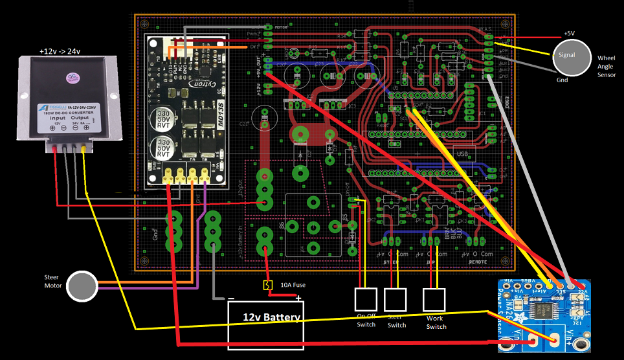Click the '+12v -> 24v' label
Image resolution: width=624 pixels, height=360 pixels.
(x=64, y=51)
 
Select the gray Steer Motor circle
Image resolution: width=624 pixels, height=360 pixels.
(x=83, y=286)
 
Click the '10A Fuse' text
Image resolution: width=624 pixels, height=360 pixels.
(x=293, y=285)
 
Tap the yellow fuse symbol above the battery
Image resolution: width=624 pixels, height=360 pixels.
(x=266, y=285)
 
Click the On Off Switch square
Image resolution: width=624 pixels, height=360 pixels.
(x=366, y=299)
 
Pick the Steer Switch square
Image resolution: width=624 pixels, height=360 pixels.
(x=395, y=299)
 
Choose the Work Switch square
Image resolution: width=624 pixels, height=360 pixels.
(x=434, y=299)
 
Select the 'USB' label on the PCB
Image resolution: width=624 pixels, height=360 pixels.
(x=462, y=154)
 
